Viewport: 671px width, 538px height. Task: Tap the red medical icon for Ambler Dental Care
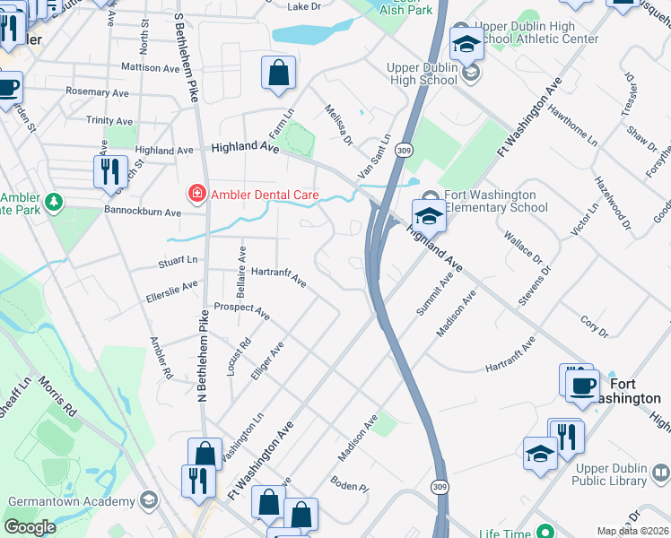(x=195, y=193)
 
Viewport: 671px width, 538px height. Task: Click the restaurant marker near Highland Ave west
(x=110, y=172)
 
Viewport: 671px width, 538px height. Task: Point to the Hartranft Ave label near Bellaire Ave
(x=279, y=277)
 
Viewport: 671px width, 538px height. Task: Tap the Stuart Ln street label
(x=177, y=261)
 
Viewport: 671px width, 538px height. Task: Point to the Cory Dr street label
(x=594, y=325)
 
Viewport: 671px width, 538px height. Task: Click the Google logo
(x=30, y=526)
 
